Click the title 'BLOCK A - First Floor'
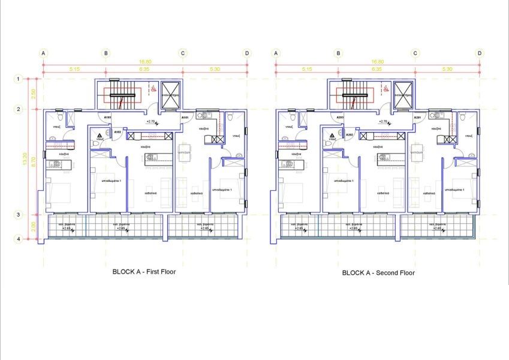pyautogui.click(x=144, y=271)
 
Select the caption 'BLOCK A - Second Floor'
pyautogui.click(x=378, y=272)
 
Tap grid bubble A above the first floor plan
pyautogui.click(x=43, y=53)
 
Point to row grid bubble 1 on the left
pyautogui.click(x=19, y=79)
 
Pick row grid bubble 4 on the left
pyautogui.click(x=19, y=239)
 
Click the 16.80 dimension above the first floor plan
pyautogui.click(x=144, y=62)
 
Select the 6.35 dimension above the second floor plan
pyautogui.click(x=377, y=69)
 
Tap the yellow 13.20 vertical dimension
pyautogui.click(x=24, y=159)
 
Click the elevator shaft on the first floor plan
pyautogui.click(x=171, y=92)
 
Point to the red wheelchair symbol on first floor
pyautogui.click(x=153, y=88)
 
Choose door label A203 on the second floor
pyautogui.click(x=340, y=118)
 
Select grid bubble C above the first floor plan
pyautogui.click(x=183, y=53)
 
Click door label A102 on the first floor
pyautogui.click(x=118, y=131)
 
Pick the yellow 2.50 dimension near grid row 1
pyautogui.click(x=34, y=94)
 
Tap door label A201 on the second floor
pyautogui.click(x=417, y=118)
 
